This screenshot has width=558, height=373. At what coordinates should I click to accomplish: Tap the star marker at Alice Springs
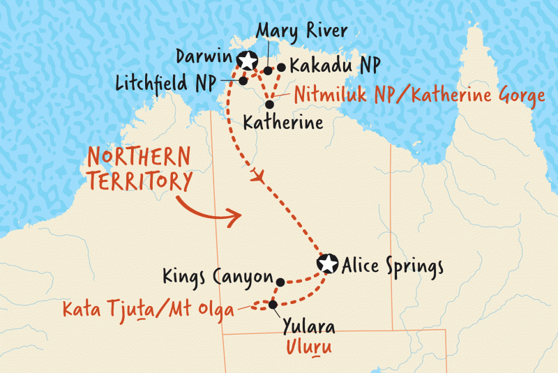click(x=326, y=264)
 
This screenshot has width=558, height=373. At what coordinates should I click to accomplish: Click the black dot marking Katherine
click(x=269, y=104)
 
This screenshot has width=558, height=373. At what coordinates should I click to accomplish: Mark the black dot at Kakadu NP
click(x=281, y=68)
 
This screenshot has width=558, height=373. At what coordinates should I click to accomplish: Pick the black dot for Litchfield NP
click(x=243, y=80)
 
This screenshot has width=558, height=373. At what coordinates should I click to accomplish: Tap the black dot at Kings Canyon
click(x=280, y=282)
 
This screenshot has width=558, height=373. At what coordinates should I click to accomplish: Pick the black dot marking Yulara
click(x=273, y=304)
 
